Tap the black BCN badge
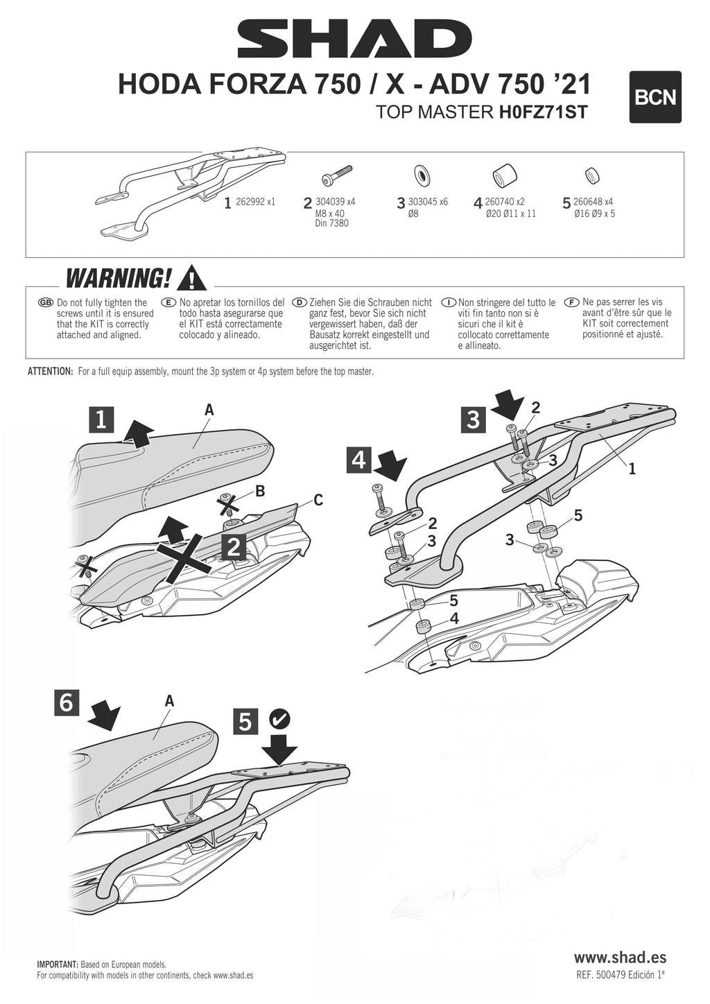pyautogui.click(x=655, y=97)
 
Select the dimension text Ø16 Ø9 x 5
pyautogui.click(x=594, y=214)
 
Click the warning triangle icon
pyautogui.click(x=191, y=279)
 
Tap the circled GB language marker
pyautogui.click(x=46, y=303)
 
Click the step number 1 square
pyautogui.click(x=101, y=419)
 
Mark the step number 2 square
pyautogui.click(x=234, y=547)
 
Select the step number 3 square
pyautogui.click(x=473, y=419)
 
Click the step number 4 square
pyautogui.click(x=359, y=459)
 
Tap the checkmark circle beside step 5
pyautogui.click(x=280, y=718)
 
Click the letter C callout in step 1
pyautogui.click(x=318, y=499)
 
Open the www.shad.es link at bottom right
pyautogui.click(x=620, y=957)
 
